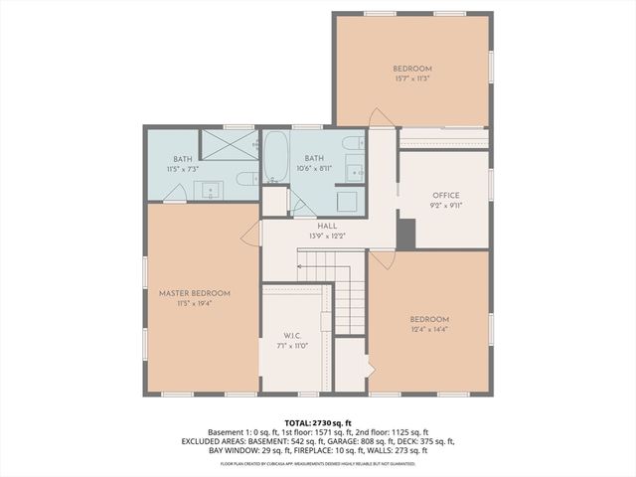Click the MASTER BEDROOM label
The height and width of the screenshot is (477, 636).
(x=195, y=293)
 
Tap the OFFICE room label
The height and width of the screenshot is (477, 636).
(x=445, y=195)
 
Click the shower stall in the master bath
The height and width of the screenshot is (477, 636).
(x=230, y=145)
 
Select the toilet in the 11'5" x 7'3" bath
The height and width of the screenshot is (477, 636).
(x=247, y=179)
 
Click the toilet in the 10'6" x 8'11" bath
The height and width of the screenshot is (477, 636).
(x=350, y=144)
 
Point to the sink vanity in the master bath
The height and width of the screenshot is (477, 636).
(x=210, y=189)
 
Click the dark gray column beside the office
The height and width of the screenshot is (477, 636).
(x=405, y=231)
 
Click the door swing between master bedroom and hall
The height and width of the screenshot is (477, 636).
(x=251, y=235)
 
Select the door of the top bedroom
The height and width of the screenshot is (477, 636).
(x=380, y=117)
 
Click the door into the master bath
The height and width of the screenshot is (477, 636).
(x=175, y=194)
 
